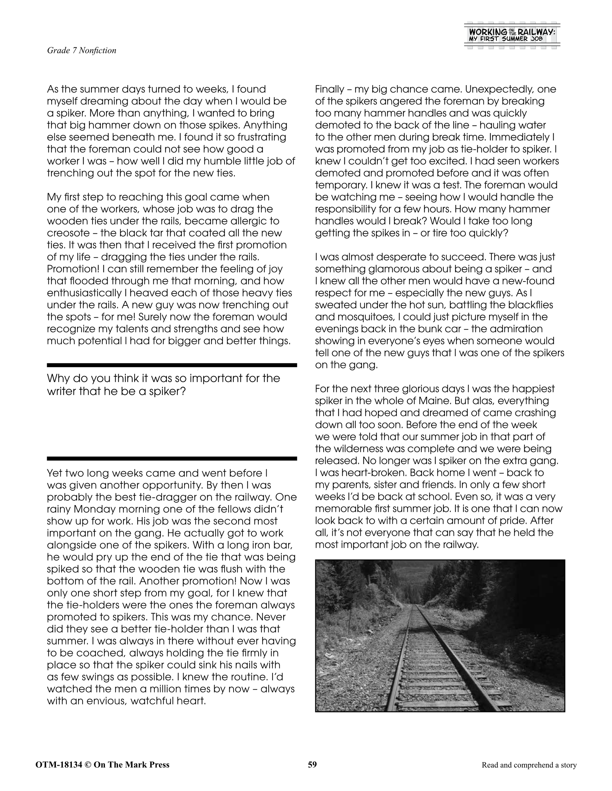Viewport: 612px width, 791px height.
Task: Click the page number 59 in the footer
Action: pos(312,764)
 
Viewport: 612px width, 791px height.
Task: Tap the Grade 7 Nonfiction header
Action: pos(82,50)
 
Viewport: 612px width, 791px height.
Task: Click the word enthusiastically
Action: pos(85,293)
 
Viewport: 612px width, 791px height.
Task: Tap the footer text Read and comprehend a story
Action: pos(529,765)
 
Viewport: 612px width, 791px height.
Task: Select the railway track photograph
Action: pos(440,635)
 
